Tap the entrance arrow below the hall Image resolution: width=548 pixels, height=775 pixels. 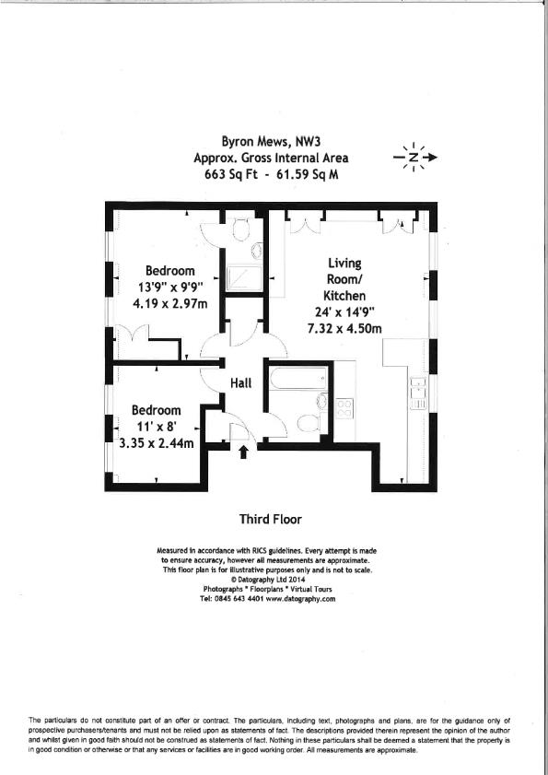[243, 452]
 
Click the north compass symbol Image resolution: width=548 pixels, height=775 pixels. [414, 158]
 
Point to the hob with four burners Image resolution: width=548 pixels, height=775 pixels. [346, 407]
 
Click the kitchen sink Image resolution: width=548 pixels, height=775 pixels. [416, 393]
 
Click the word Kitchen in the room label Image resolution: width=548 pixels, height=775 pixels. [343, 296]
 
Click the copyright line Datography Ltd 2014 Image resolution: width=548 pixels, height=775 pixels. [274, 579]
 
